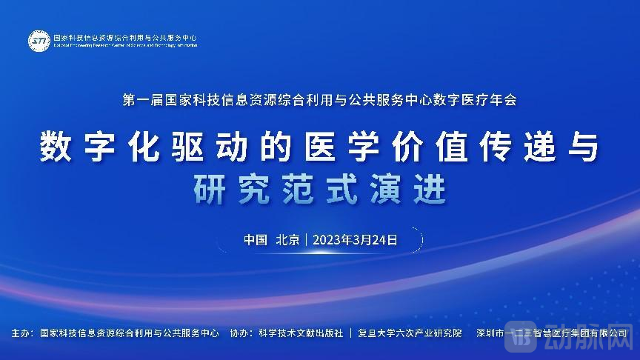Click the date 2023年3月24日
coord(356,239)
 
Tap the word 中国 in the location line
coord(256,239)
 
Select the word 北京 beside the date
coord(287,239)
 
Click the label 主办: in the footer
coord(22,333)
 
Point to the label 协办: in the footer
coord(241,333)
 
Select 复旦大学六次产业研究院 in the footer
coord(410,333)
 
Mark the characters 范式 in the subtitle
coord(321,190)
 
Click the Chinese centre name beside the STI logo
coord(125,36)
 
